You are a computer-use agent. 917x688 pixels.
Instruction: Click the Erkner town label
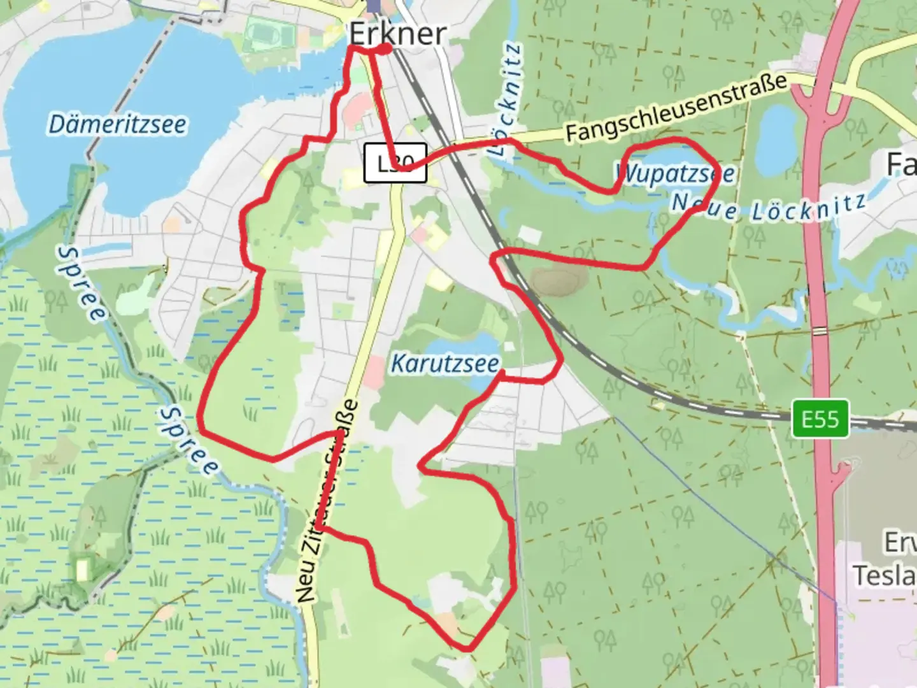397,33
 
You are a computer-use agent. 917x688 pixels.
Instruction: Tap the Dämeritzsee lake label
118,125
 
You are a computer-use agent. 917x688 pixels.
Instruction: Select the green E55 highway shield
820,419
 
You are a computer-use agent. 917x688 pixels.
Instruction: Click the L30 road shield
395,164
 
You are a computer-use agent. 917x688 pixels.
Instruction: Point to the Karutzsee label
444,364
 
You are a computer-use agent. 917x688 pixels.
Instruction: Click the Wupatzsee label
675,173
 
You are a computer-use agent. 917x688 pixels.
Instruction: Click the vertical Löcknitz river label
508,101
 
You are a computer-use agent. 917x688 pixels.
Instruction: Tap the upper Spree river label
81,284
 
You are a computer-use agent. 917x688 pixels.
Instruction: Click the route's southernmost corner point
468,649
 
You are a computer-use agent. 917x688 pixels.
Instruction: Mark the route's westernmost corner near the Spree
201,428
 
